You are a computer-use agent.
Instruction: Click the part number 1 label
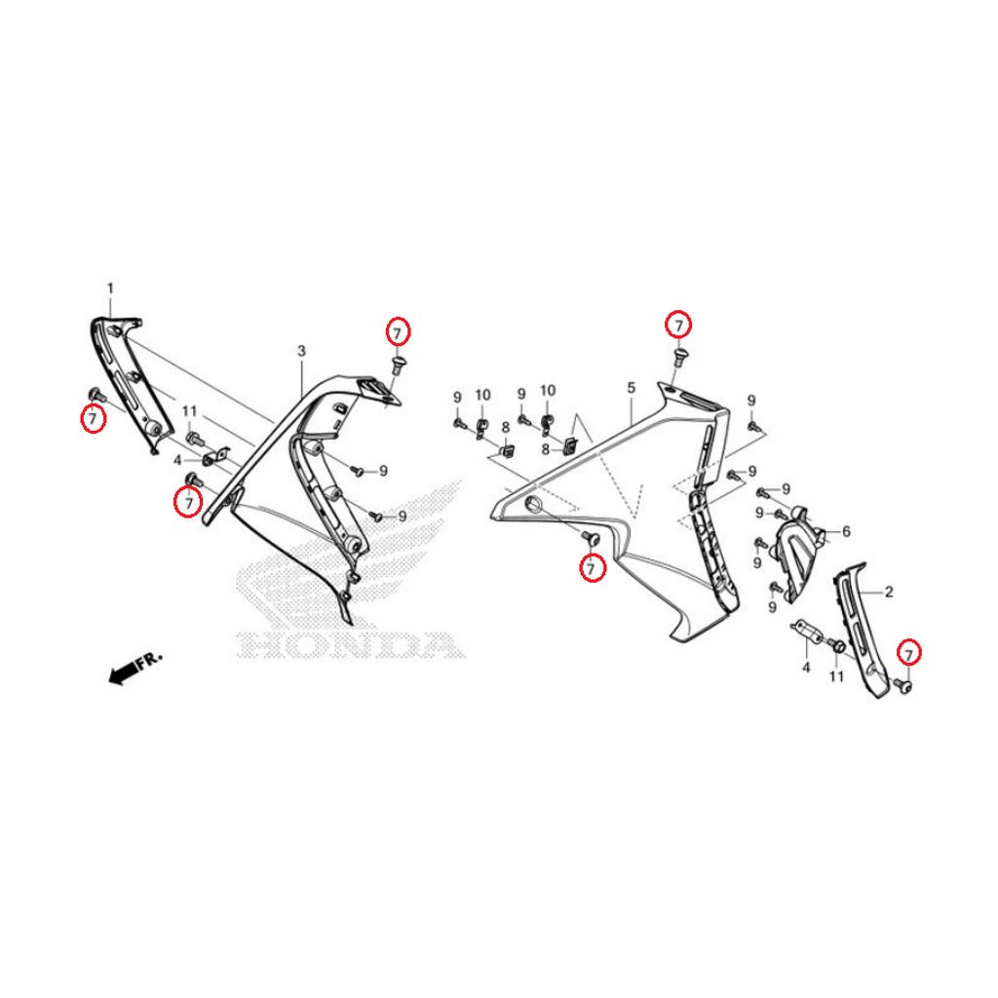click(110, 288)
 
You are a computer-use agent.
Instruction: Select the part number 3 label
click(302, 351)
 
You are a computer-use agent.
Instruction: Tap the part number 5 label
click(631, 388)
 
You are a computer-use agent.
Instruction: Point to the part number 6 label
click(846, 531)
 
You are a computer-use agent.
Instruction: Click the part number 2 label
click(889, 592)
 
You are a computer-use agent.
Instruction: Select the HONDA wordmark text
click(351, 645)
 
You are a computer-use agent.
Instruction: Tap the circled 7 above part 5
click(678, 326)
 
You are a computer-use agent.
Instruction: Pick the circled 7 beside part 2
click(909, 654)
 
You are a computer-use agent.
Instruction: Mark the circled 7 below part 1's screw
click(93, 418)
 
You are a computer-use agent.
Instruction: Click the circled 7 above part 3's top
click(398, 332)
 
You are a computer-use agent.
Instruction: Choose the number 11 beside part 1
click(190, 412)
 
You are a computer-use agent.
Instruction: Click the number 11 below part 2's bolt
click(836, 676)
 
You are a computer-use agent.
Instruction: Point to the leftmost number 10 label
click(483, 396)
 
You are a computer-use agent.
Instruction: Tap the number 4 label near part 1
click(177, 460)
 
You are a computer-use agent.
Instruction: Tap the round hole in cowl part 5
click(531, 506)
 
